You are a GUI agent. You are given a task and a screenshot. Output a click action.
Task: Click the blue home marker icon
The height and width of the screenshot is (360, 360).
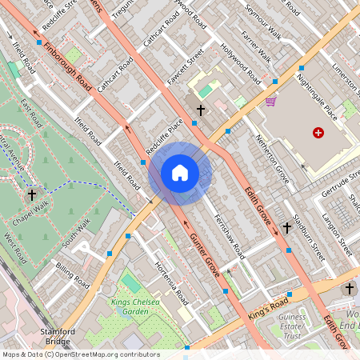(180, 173)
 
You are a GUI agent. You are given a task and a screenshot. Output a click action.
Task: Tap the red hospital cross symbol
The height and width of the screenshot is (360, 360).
(319, 133)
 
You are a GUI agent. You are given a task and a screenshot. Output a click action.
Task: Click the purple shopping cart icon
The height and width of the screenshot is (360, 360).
(271, 102)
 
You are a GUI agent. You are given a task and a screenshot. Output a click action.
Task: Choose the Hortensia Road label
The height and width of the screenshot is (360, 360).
(170, 282)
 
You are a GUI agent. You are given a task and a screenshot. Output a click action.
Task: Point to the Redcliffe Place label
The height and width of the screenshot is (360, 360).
(164, 136)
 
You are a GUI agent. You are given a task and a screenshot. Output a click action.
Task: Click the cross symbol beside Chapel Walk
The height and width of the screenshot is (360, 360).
(32, 194)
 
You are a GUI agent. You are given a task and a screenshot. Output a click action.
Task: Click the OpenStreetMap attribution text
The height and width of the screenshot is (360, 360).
(80, 354)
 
